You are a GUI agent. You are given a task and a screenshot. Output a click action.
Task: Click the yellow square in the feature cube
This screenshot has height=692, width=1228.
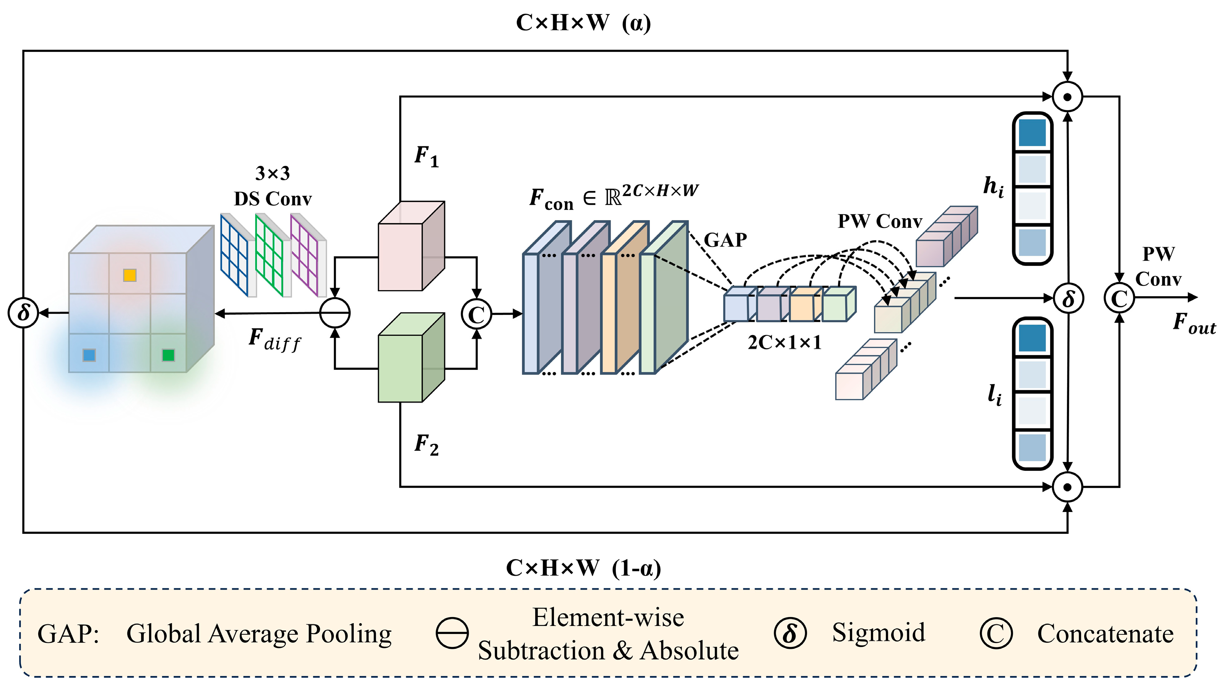(x=130, y=275)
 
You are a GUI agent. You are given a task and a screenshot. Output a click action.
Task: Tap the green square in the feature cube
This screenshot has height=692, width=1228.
(x=168, y=355)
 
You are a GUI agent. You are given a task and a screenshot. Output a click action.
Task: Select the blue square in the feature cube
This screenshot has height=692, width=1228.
(x=89, y=355)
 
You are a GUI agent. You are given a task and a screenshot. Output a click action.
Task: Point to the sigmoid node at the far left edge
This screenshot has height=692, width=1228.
(x=23, y=313)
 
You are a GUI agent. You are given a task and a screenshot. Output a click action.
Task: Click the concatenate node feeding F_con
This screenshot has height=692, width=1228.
(x=476, y=314)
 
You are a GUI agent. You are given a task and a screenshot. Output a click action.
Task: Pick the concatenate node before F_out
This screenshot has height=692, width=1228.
(x=1119, y=298)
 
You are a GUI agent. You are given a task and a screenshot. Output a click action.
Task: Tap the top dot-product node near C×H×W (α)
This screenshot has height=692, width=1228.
(x=1068, y=97)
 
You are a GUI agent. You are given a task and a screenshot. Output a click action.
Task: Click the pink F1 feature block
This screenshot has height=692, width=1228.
(x=411, y=246)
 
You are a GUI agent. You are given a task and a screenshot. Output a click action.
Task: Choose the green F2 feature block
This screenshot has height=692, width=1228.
(x=411, y=357)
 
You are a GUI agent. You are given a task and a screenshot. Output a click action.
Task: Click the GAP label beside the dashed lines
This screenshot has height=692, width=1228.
(x=726, y=240)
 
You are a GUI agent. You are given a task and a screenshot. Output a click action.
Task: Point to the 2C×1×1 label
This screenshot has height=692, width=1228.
(x=785, y=342)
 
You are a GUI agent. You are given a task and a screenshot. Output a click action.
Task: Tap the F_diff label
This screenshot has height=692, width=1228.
(x=275, y=339)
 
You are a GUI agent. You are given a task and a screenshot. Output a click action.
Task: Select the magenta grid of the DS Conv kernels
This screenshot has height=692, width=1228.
(x=304, y=255)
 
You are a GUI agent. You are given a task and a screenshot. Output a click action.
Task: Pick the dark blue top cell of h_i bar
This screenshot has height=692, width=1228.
(x=1033, y=133)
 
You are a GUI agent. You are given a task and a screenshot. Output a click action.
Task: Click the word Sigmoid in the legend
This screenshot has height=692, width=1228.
(x=879, y=632)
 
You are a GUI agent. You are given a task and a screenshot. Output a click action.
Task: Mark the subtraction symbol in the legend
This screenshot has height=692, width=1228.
(x=452, y=633)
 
